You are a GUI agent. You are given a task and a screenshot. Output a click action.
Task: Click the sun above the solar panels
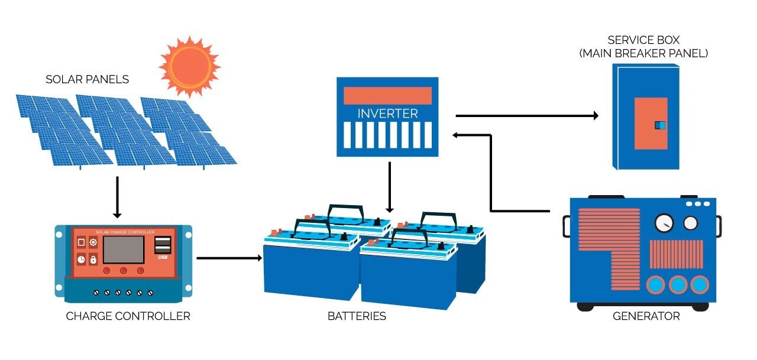point(190,66)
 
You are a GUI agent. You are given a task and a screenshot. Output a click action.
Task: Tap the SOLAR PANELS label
point(87,79)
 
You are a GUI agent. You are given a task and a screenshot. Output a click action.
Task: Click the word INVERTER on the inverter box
point(387,113)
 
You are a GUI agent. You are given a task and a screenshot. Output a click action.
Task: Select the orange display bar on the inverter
point(387,96)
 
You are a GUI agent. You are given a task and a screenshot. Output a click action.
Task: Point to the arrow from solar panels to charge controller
point(117,197)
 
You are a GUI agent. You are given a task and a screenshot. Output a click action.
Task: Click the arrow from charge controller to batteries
point(229,258)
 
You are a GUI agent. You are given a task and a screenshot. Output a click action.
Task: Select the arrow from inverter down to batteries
point(390,187)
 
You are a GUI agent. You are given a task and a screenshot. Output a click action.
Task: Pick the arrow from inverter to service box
point(527,115)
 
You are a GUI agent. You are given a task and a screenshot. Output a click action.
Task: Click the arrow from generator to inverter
point(491,179)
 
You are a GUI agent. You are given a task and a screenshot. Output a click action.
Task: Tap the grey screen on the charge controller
point(124,249)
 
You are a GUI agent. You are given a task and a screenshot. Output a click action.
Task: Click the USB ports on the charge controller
point(163,245)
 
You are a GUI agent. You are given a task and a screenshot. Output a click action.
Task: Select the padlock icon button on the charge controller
point(93,260)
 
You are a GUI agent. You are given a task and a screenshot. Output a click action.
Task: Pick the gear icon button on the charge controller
point(93,242)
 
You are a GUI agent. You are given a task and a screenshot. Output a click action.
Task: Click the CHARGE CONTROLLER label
point(128,316)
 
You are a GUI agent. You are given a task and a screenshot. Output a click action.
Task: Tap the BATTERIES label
point(357,316)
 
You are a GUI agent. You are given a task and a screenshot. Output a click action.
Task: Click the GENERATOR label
point(646,316)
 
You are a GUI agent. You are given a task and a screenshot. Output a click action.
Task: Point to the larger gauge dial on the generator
point(664,223)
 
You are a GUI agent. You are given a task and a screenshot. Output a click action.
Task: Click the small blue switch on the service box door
point(660,125)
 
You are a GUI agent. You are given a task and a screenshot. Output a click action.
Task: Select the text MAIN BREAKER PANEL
point(643,53)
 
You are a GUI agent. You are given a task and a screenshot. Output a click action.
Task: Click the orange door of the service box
point(651,124)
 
